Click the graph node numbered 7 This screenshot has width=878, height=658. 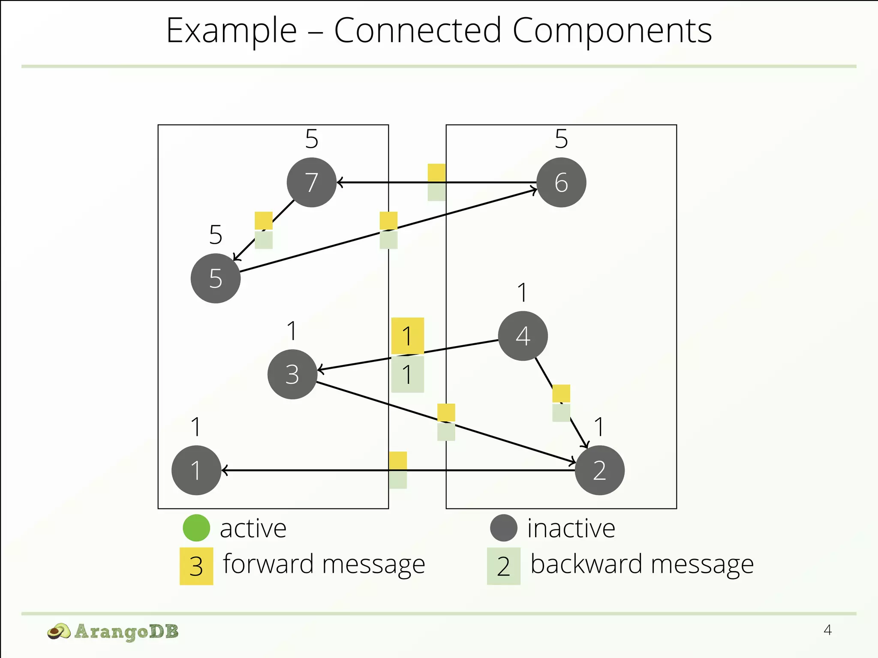[x=312, y=182]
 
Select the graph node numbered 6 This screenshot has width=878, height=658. [x=561, y=182]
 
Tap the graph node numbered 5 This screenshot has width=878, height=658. [x=216, y=278]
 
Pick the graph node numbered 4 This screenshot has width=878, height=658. [x=523, y=336]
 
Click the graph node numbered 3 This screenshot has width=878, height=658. [x=292, y=374]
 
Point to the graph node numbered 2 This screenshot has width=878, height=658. [x=599, y=470]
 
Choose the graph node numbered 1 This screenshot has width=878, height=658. [x=196, y=470]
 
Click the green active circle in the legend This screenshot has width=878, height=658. [x=196, y=528]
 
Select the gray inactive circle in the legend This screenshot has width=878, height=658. [x=504, y=528]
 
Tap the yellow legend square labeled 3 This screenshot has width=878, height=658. [x=196, y=566]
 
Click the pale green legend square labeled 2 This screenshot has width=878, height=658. [x=504, y=566]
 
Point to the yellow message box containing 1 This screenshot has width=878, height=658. [x=408, y=336]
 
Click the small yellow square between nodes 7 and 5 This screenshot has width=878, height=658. [x=264, y=221]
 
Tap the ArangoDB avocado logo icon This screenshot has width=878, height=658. [x=59, y=631]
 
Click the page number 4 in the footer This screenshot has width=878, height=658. [x=827, y=630]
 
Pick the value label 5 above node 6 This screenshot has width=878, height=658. [x=561, y=139]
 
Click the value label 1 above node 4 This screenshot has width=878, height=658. [x=522, y=293]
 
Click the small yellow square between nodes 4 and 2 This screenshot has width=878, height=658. [x=561, y=393]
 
